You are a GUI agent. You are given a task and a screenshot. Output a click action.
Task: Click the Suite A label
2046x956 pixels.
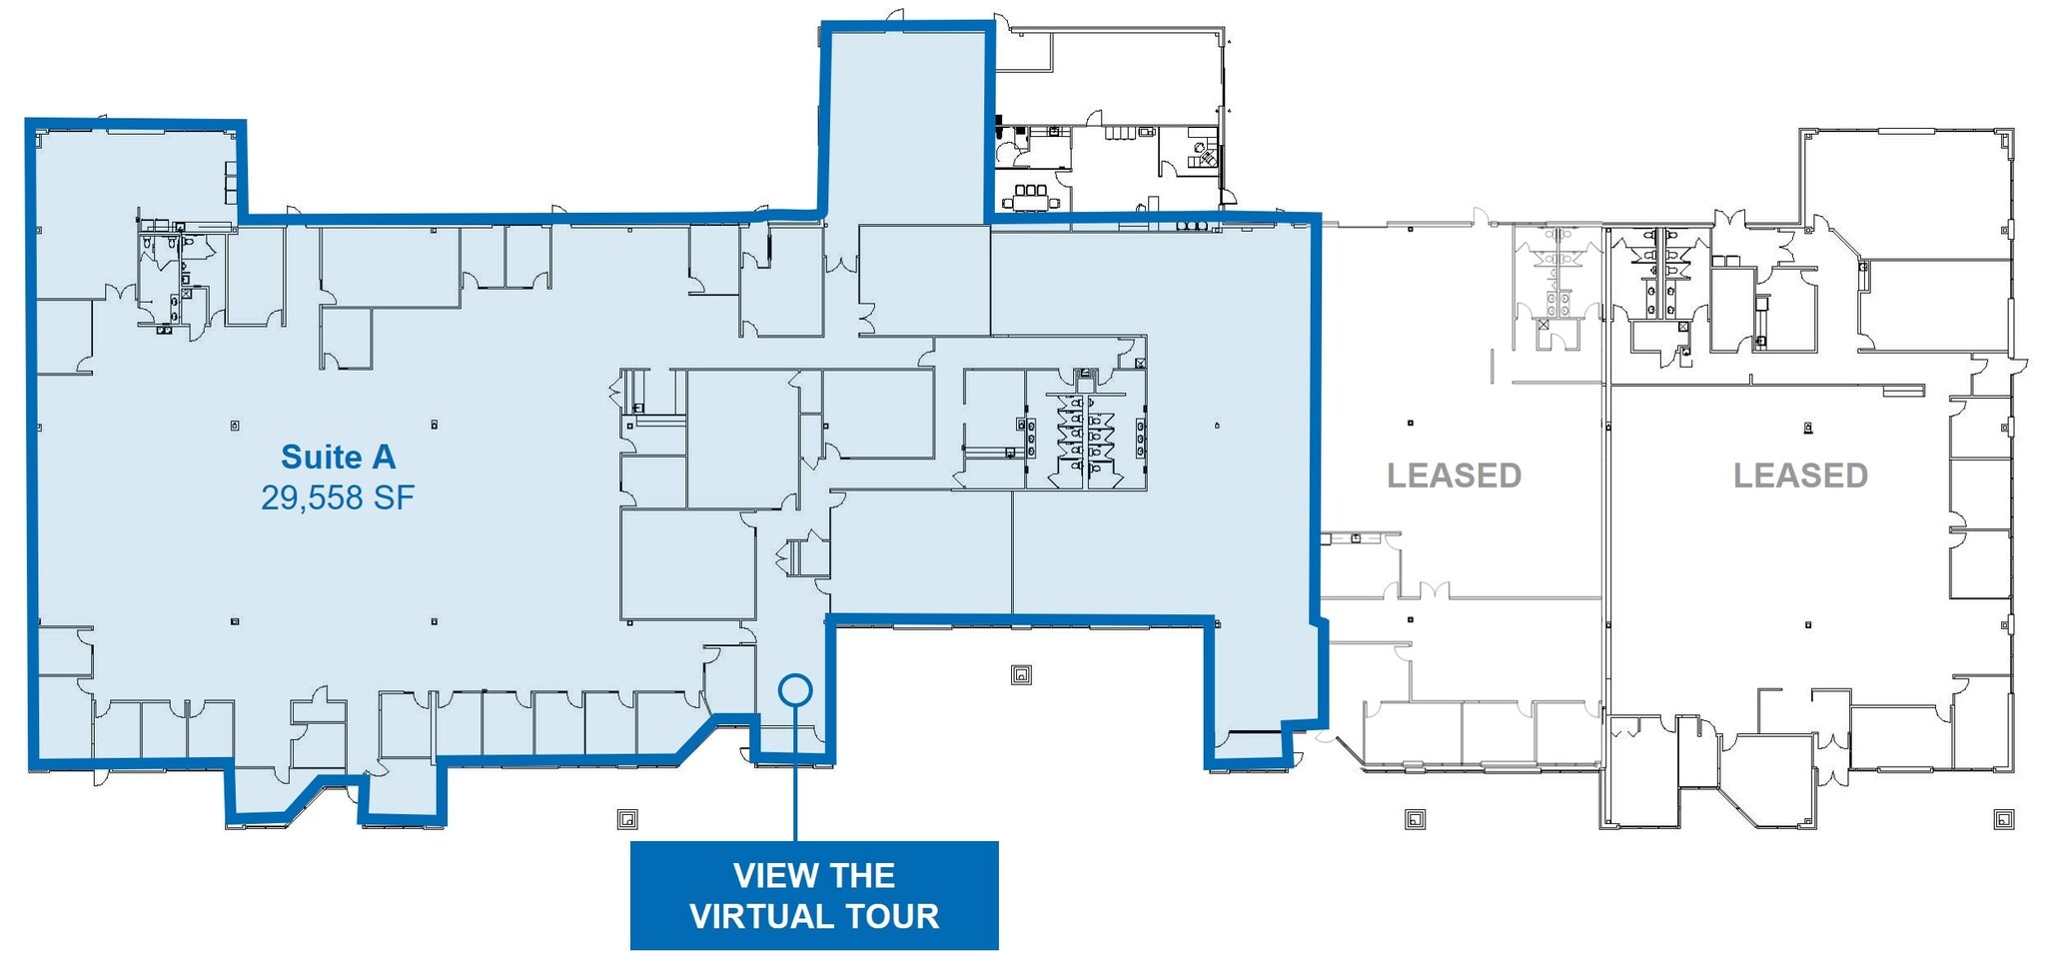click(338, 458)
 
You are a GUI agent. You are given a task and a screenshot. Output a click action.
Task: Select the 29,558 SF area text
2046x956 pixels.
click(338, 497)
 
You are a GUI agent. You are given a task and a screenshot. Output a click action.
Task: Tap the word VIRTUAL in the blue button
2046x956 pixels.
click(763, 916)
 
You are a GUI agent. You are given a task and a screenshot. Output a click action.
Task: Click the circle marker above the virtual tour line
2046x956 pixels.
click(795, 689)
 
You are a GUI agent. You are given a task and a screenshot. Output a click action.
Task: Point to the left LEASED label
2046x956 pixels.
click(1454, 476)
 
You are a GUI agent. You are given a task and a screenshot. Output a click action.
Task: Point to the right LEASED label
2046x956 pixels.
click(1800, 476)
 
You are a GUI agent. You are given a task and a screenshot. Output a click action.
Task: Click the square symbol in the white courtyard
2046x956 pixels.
click(1020, 674)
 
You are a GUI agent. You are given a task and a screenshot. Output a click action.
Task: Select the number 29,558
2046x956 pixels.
click(311, 497)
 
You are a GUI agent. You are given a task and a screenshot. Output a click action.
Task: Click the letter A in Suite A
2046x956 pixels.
click(384, 458)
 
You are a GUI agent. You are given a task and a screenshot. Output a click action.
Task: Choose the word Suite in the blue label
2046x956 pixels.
click(321, 458)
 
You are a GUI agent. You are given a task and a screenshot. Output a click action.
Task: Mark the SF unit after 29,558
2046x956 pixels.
click(394, 497)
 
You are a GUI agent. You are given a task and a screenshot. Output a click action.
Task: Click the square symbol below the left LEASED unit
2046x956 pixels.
click(1415, 820)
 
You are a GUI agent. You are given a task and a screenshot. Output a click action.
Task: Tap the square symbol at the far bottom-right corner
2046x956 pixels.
click(2003, 820)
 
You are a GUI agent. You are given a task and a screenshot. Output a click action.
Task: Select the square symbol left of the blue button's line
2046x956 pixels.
click(627, 820)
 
